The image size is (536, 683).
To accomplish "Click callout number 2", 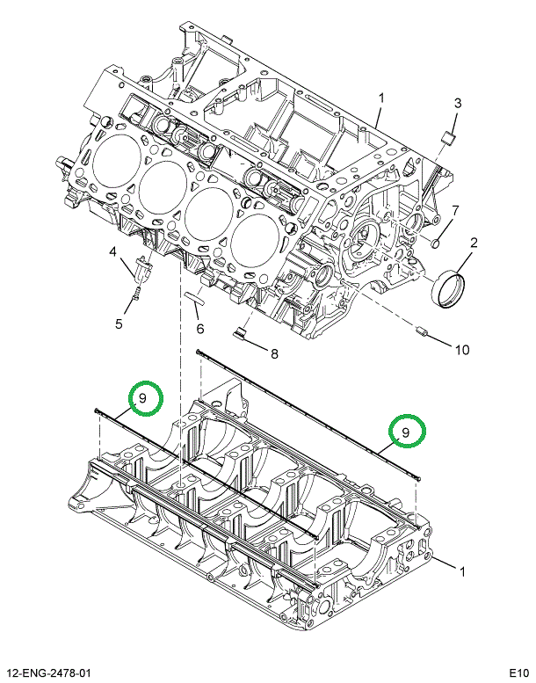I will pyautogui.click(x=473, y=243).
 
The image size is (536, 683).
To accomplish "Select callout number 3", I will pyautogui.click(x=457, y=105).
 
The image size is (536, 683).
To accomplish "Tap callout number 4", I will pyautogui.click(x=113, y=253).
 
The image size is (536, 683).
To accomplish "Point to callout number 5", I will pyautogui.click(x=119, y=323).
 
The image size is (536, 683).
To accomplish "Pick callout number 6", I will pyautogui.click(x=199, y=329).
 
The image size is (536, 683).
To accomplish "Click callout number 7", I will pyautogui.click(x=455, y=210).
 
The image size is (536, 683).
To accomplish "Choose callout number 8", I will pyautogui.click(x=273, y=354).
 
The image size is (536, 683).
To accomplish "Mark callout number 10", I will pyautogui.click(x=461, y=349).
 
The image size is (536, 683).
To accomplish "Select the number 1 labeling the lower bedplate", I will pyautogui.click(x=461, y=572).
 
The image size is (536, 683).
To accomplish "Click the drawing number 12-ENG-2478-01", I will pyautogui.click(x=50, y=672).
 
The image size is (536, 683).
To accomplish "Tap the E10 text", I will pyautogui.click(x=517, y=672).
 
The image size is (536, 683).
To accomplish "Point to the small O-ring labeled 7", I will pyautogui.click(x=434, y=241).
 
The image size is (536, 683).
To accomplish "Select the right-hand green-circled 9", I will pyautogui.click(x=407, y=432).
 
